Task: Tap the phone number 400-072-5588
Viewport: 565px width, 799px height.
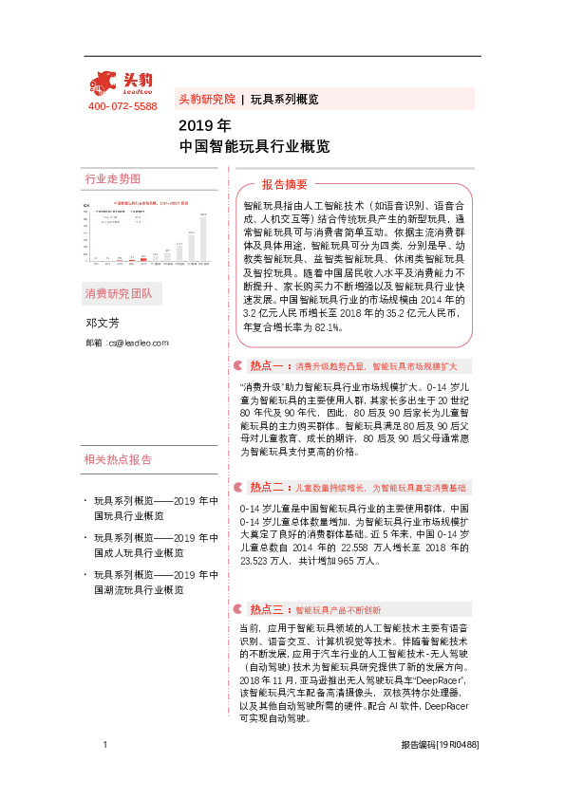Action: [x=122, y=106]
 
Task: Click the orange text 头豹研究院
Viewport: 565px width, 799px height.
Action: [x=206, y=99]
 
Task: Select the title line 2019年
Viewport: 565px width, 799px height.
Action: [x=204, y=125]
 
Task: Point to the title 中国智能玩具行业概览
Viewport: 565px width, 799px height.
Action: [x=254, y=146]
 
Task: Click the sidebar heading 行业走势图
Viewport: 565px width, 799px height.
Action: [x=112, y=178]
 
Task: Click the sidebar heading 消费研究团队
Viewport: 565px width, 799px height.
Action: [x=118, y=293]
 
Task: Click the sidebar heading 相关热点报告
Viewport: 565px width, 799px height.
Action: [x=118, y=460]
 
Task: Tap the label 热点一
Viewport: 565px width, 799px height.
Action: [x=267, y=365]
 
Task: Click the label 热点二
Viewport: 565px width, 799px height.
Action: [x=267, y=487]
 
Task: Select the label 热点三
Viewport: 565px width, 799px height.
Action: [x=267, y=609]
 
